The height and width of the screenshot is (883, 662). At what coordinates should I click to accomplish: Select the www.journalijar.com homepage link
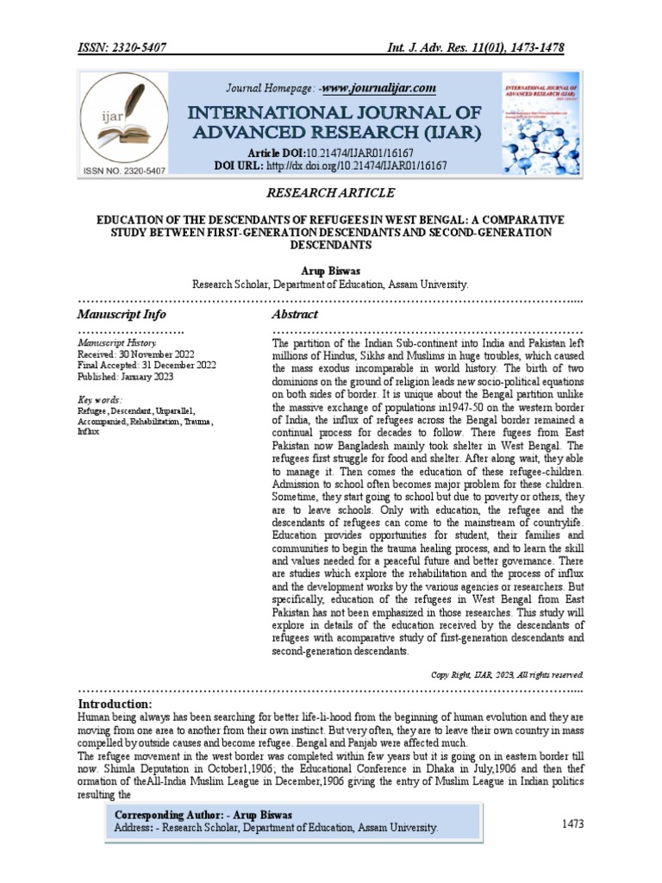pos(379,88)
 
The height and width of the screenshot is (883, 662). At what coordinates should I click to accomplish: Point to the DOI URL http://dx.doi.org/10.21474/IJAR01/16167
pos(330,165)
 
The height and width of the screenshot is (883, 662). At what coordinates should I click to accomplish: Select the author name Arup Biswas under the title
pos(330,270)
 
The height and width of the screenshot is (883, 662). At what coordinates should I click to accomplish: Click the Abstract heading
pos(295,315)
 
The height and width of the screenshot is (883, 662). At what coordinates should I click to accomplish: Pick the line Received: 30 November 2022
pos(136,354)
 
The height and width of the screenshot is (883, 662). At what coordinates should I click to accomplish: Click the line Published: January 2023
pos(125,378)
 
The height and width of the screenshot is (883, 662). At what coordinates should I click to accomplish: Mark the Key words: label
pos(101,401)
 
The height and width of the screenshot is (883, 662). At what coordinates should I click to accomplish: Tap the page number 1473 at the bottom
pos(573,824)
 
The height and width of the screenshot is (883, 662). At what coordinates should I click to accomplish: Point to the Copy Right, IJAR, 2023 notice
pos(507,674)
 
